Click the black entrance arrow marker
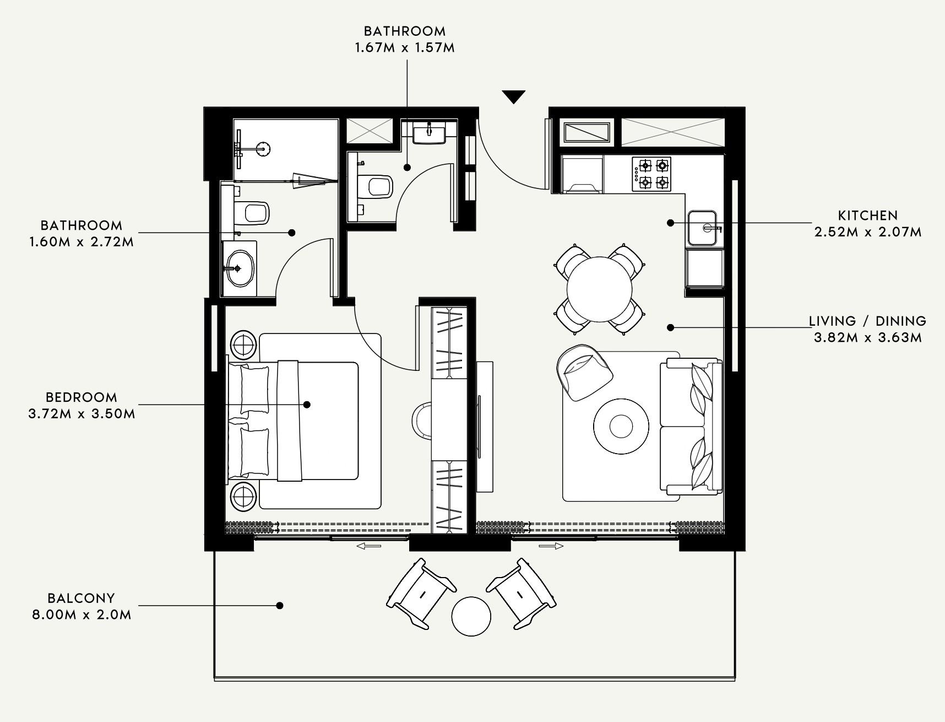click(x=514, y=96)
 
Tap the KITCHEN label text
click(x=868, y=215)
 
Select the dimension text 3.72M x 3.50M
click(x=82, y=413)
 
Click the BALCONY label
click(x=81, y=598)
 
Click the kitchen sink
click(x=702, y=228)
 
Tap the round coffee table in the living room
click(x=621, y=426)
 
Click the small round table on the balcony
click(x=471, y=616)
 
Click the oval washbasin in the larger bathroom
click(x=239, y=268)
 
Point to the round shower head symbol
click(x=264, y=148)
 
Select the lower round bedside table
click(x=243, y=497)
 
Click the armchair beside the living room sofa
click(x=584, y=372)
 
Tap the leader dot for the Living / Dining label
click(x=670, y=327)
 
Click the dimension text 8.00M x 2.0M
click(x=82, y=615)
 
